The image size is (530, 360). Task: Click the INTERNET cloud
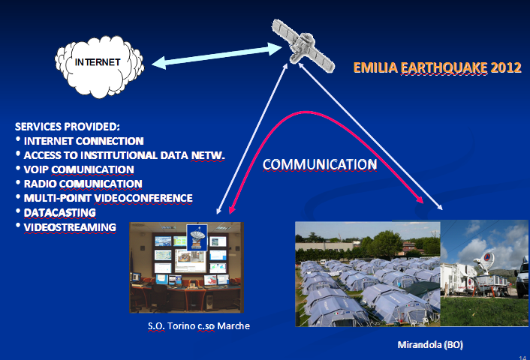pos(99,67)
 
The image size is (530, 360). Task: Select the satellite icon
pos(303,46)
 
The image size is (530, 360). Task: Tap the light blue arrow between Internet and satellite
pos(217,55)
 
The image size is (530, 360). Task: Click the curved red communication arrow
pos(306,112)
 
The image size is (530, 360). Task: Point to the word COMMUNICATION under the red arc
pos(320,164)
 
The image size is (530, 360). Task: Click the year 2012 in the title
pos(506,67)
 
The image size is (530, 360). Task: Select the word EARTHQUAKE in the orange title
pos(444,68)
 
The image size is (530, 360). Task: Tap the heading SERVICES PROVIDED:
pos(68,127)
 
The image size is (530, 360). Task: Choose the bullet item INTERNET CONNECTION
pos(84,141)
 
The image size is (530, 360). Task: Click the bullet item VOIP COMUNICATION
pos(79,169)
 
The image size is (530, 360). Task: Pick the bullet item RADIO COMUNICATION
pos(83,184)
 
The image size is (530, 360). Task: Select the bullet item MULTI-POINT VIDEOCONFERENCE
pos(108,198)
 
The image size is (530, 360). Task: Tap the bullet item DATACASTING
pos(60,213)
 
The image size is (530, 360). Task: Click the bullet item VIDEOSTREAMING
pos(70,227)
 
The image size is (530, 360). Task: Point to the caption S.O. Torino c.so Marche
pos(199,326)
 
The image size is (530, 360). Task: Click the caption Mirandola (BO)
pos(430,345)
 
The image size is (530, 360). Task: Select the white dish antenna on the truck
pos(485,261)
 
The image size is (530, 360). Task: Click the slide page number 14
pos(522,358)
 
